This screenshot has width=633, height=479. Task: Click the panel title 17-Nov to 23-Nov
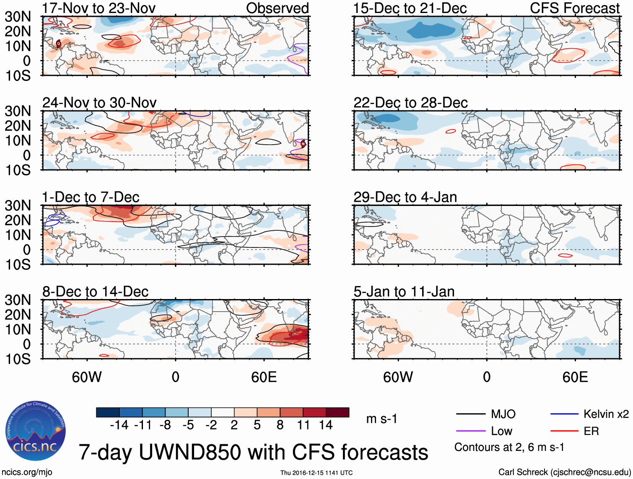click(99, 8)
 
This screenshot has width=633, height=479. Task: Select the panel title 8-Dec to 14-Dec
click(95, 292)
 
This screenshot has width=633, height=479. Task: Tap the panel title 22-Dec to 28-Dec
click(410, 103)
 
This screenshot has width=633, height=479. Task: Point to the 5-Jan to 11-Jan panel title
click(404, 292)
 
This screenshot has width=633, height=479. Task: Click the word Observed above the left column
click(278, 8)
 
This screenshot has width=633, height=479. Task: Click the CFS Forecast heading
click(575, 8)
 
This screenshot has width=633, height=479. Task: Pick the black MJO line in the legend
click(470, 414)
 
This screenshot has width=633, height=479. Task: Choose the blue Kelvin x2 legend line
click(564, 414)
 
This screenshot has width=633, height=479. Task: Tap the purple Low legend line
click(470, 431)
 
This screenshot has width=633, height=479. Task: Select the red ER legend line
click(564, 431)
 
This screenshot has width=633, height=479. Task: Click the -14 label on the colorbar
click(119, 425)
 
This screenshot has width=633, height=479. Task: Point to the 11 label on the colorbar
click(304, 425)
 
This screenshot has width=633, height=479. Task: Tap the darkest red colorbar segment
click(337, 412)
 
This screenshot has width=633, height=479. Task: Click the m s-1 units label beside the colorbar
click(381, 419)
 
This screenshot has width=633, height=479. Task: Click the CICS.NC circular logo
click(36, 431)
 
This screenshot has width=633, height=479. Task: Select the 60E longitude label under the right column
click(575, 377)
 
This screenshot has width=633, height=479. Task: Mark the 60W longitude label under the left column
click(87, 377)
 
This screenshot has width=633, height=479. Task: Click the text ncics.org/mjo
click(27, 472)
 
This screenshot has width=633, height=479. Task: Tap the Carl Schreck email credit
click(564, 472)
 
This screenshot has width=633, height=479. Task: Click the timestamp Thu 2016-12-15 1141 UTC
click(316, 473)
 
